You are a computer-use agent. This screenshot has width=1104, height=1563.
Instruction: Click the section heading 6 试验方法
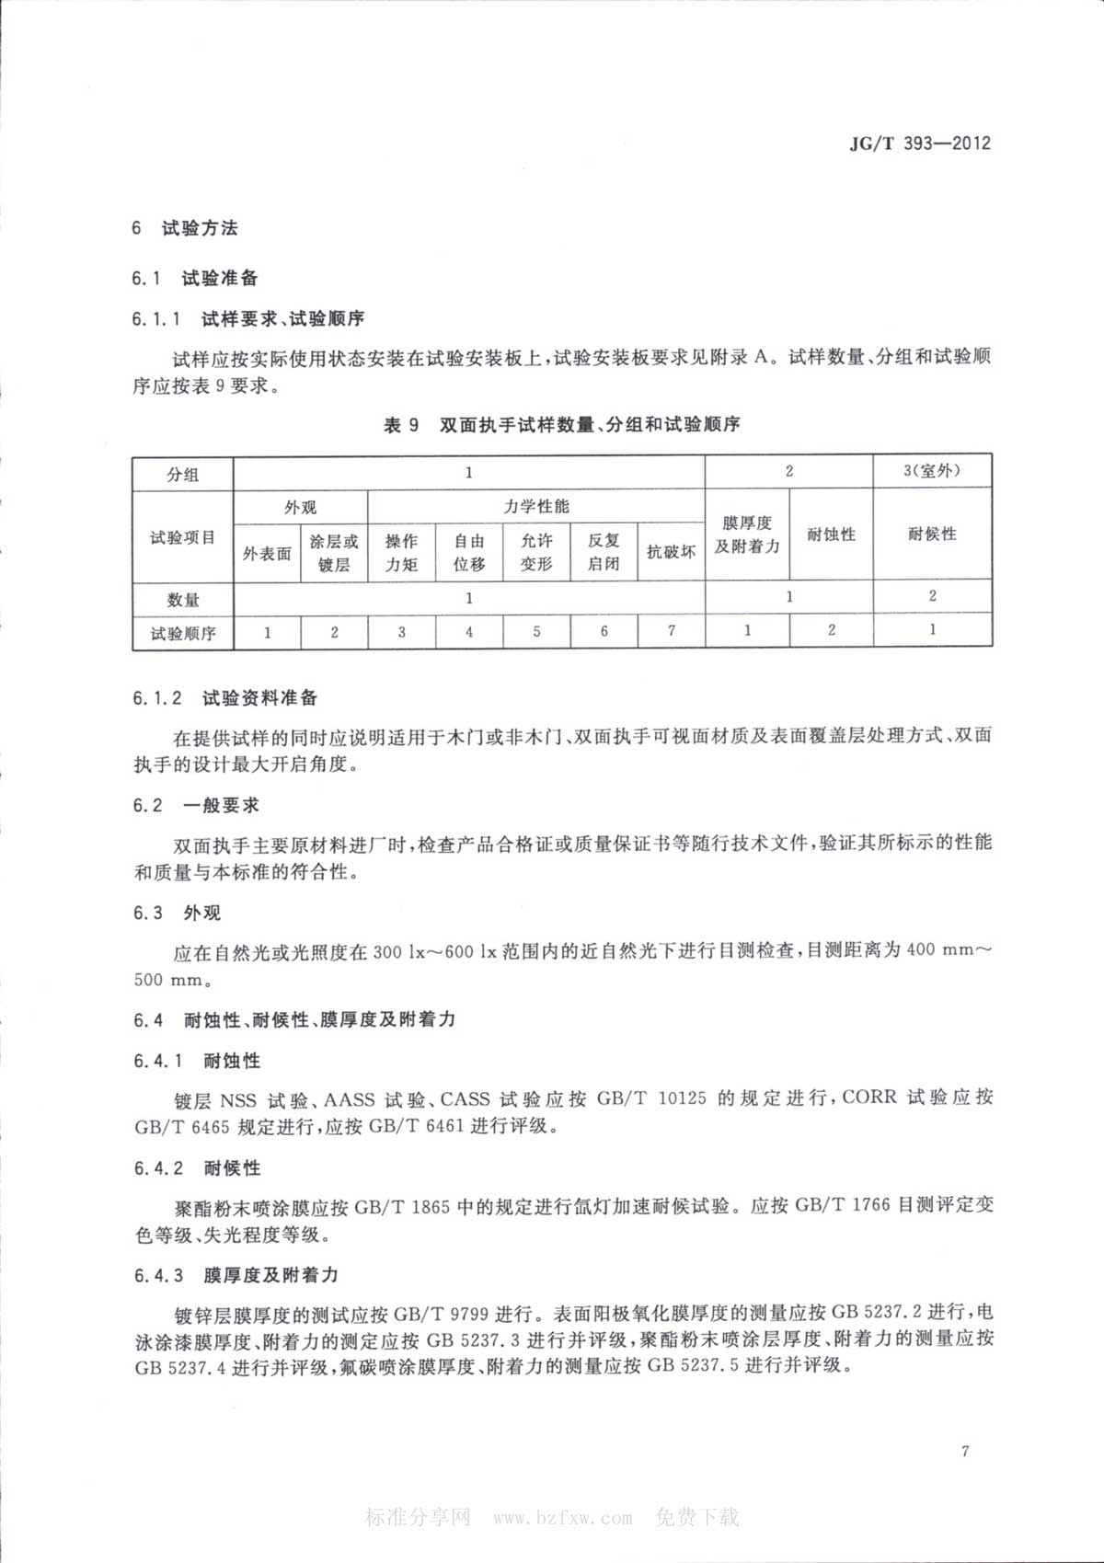(x=185, y=228)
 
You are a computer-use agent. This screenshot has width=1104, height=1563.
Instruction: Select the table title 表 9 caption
(x=561, y=425)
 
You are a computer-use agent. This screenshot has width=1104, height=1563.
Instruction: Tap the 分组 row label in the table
(x=182, y=475)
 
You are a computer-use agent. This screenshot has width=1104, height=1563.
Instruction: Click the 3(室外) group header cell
(x=931, y=471)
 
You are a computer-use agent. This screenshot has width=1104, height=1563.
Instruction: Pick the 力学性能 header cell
(x=536, y=507)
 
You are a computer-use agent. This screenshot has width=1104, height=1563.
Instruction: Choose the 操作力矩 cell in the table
(x=401, y=553)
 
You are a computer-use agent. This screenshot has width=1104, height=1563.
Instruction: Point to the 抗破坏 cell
(x=671, y=552)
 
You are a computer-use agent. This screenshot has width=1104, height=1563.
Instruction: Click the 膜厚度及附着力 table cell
(x=747, y=534)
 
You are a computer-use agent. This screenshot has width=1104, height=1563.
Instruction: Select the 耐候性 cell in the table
(x=931, y=534)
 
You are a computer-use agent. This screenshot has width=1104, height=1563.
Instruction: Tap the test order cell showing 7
(x=672, y=631)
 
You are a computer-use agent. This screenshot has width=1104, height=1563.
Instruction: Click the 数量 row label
(x=182, y=600)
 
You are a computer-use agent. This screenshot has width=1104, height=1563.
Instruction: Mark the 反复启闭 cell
(x=604, y=553)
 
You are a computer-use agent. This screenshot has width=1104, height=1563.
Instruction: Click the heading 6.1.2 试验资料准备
(x=225, y=698)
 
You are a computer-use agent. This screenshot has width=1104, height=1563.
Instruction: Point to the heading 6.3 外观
(x=177, y=913)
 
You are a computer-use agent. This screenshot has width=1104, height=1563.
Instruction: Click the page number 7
(x=964, y=1452)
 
